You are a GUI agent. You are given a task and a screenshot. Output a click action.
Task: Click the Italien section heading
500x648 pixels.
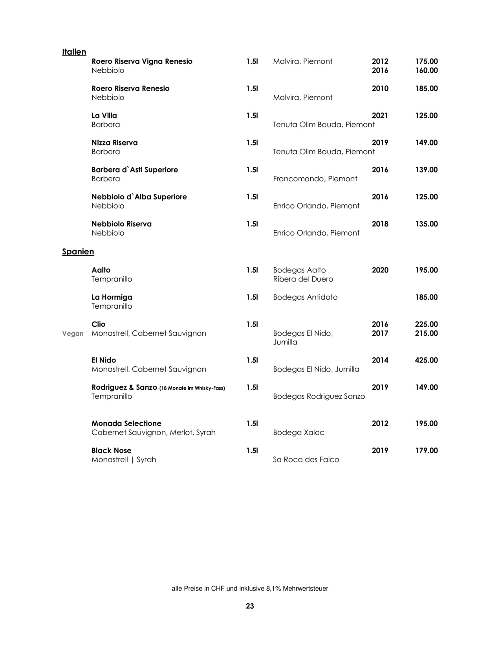tap(74, 52)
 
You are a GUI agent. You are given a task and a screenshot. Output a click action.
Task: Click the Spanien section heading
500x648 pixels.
tap(78, 252)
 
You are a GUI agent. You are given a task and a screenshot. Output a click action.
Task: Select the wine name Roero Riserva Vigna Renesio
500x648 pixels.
tap(142, 61)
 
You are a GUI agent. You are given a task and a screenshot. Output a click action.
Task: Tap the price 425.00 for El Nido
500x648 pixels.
tap(426, 360)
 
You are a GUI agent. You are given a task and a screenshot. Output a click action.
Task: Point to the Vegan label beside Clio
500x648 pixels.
tap(73, 334)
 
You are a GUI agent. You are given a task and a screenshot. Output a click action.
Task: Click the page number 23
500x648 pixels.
tap(250, 606)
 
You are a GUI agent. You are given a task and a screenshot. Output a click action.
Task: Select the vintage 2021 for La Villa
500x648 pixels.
tap(380, 116)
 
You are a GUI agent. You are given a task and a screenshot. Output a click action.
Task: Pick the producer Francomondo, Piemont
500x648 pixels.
tap(315, 179)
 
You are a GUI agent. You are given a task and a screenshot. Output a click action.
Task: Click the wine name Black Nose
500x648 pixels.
tap(112, 451)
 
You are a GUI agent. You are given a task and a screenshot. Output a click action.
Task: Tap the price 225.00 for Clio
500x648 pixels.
tap(426, 324)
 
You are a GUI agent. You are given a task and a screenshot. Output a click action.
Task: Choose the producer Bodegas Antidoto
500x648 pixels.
tap(305, 297)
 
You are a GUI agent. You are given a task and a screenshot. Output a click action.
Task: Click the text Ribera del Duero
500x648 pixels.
tap(303, 279)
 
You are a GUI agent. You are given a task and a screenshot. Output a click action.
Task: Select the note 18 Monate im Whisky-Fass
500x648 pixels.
tap(192, 388)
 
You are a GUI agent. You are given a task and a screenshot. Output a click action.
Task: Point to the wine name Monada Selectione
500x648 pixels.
tap(126, 423)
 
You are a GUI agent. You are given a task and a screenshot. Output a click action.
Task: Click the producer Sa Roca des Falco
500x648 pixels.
tap(306, 460)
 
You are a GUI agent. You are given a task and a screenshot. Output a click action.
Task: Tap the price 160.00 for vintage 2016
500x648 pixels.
tap(426, 70)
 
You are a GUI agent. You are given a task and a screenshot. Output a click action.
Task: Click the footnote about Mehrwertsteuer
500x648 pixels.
tap(250, 589)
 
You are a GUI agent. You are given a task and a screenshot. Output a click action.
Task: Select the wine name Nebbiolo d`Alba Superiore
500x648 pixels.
tap(139, 197)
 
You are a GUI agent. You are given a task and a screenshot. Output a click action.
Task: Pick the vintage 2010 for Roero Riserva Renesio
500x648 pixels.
tap(380, 88)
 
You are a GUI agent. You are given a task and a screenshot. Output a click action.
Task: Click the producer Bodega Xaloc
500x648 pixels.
tap(299, 433)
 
